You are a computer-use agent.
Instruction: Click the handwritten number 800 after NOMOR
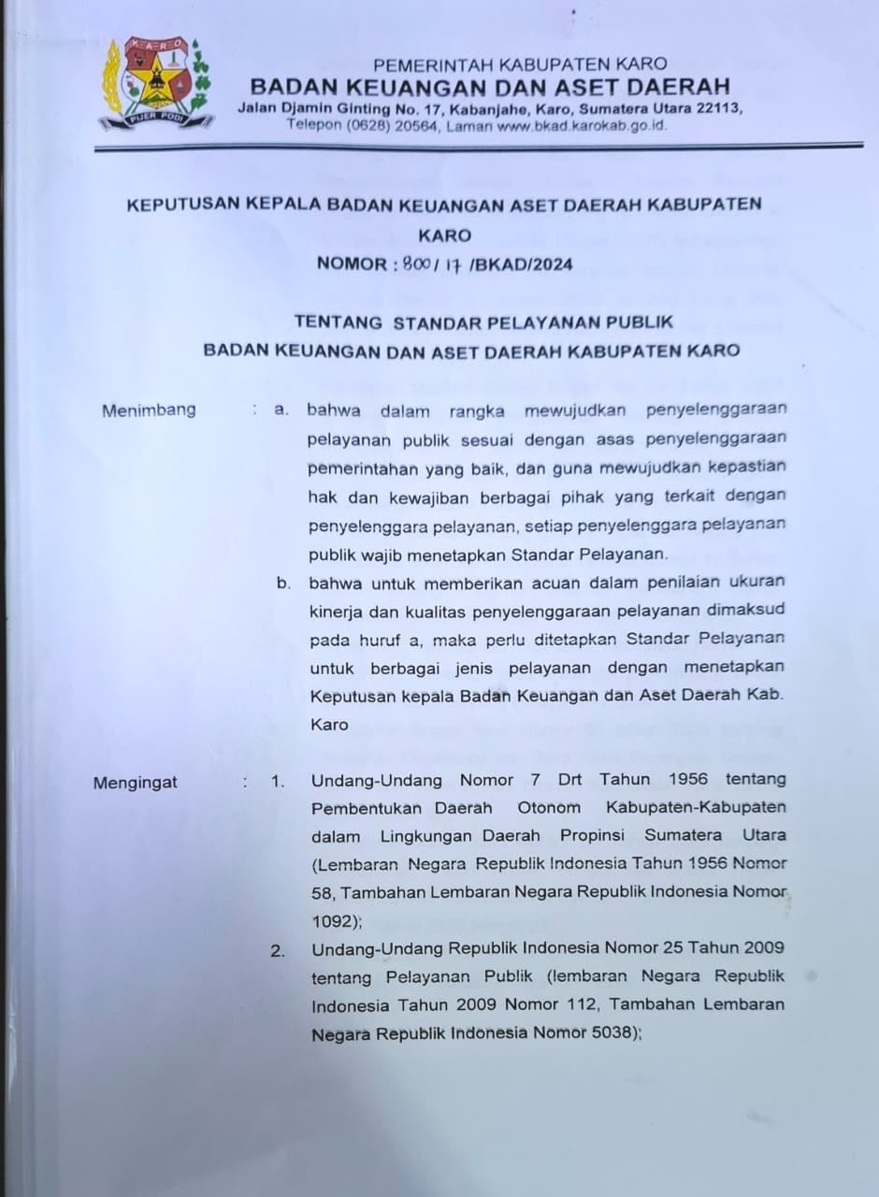pos(415,264)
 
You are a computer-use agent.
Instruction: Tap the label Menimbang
pos(149,409)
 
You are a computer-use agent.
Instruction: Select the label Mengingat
pos(135,783)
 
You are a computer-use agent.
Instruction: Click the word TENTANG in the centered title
pos(339,322)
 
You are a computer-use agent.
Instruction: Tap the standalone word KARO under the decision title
pos(445,236)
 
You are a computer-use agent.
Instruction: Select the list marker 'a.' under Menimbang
pos(282,410)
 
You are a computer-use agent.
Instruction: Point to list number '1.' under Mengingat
pos(278,780)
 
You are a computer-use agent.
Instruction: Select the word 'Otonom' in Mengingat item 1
pos(549,807)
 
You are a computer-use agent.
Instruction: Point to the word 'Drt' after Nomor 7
pos(569,779)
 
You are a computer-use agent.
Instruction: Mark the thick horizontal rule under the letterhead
pos(478,146)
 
